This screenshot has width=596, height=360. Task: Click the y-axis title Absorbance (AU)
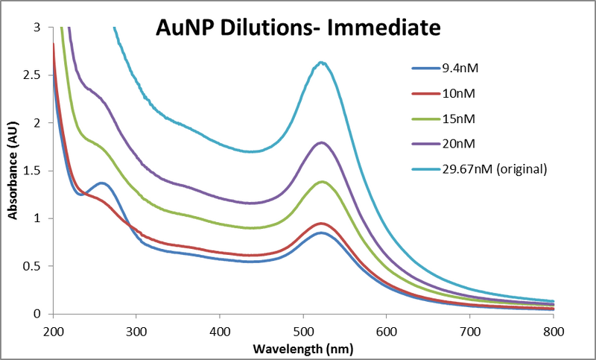pyautogui.click(x=12, y=171)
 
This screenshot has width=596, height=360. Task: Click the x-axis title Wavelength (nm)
pyautogui.click(x=302, y=348)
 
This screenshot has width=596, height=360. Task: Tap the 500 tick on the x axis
pyautogui.click(x=387, y=329)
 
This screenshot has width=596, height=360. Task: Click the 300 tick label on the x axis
pyautogui.click(x=136, y=329)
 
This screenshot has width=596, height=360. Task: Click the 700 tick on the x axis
pyautogui.click(x=470, y=329)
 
